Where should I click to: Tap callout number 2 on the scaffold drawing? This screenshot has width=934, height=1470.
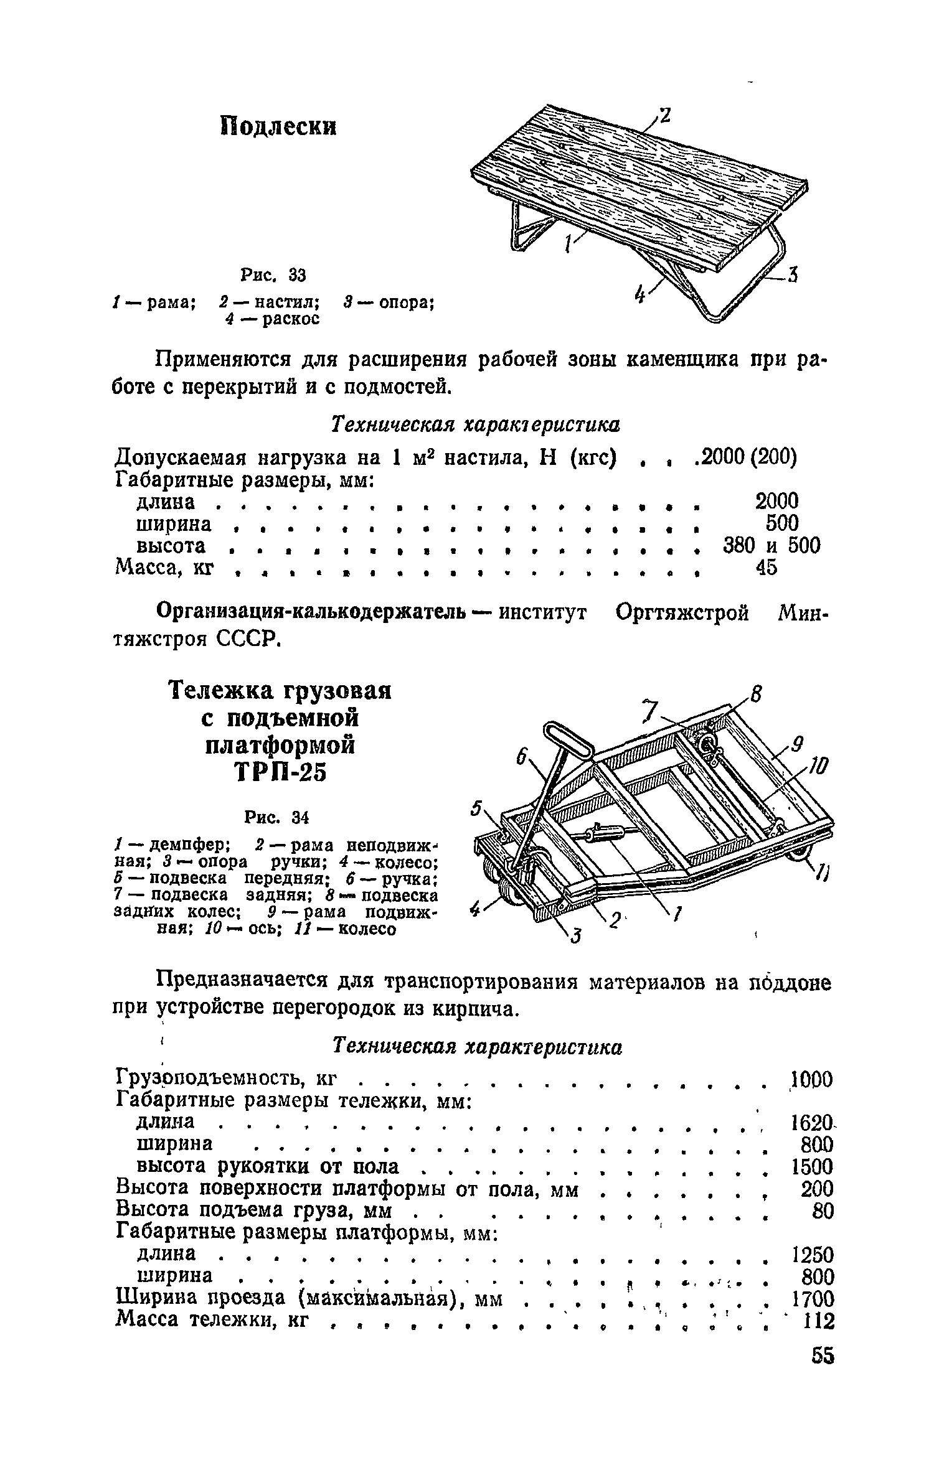(x=665, y=116)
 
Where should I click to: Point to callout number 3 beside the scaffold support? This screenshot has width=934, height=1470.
(x=792, y=274)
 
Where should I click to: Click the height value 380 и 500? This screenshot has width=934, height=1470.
(x=771, y=546)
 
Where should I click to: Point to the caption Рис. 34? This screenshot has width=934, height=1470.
(x=277, y=817)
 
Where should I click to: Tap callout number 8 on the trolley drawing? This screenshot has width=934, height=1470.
(x=756, y=693)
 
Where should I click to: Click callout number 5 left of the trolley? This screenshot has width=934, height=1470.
(x=476, y=808)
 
